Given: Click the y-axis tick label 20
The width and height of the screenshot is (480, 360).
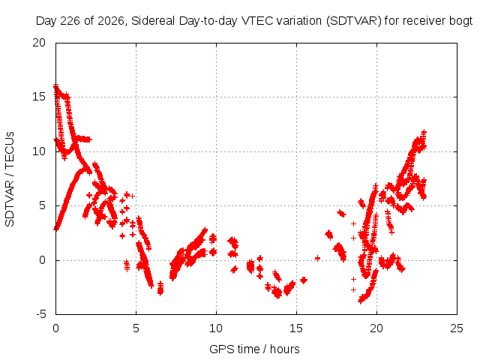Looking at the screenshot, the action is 39,43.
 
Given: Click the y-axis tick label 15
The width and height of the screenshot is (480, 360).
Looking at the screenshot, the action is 39,97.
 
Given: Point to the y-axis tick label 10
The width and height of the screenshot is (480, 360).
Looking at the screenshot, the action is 39,151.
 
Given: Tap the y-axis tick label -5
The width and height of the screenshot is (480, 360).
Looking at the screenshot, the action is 40,314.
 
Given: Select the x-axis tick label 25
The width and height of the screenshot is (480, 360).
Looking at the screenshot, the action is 457,328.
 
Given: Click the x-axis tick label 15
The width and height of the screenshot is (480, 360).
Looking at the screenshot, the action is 296,328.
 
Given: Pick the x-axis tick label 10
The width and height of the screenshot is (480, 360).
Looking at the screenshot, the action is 216,328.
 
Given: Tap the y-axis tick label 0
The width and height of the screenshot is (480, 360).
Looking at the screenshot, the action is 42,260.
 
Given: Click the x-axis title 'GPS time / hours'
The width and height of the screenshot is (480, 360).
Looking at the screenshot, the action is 254,349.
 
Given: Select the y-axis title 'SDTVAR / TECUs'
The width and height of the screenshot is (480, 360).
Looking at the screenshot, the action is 10,179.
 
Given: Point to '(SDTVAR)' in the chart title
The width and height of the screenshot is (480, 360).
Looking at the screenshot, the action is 353,21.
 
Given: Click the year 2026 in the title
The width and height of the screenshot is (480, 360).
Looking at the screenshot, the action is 111,21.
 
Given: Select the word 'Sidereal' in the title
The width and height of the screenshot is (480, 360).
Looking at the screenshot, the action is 153,21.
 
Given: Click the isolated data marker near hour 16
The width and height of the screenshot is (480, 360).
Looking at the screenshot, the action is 317,258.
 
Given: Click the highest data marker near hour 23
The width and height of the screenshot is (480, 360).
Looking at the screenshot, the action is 424,132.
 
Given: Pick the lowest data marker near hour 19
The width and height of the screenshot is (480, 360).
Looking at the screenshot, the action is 360,301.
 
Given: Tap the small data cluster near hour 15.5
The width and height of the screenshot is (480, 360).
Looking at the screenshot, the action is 303,280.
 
